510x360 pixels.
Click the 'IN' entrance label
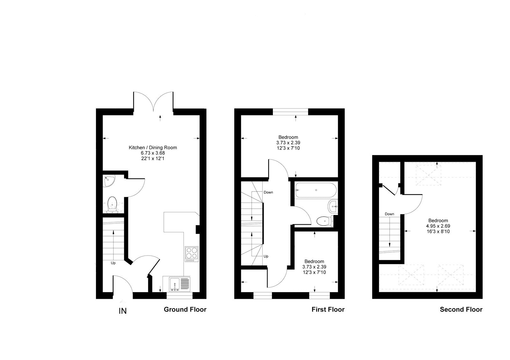pos(123,311)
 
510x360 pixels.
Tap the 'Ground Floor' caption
pos(185,309)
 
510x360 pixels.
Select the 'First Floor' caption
pos(328,309)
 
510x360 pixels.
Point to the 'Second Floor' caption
pos(461,309)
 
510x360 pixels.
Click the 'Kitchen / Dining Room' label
pos(153,148)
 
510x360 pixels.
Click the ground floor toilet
pos(112,204)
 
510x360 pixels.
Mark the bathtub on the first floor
pos(316,190)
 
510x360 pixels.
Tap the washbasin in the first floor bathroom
pos(333,206)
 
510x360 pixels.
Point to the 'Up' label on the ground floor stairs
pos(113,263)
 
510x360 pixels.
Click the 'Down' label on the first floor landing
pos(268,192)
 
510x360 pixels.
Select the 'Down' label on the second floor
pos(389,214)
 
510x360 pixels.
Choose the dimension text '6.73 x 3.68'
pos(153,153)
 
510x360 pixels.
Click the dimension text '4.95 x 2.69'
pos(438,226)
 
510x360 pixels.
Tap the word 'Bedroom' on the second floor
pos(438,220)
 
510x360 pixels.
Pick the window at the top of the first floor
pos(290,111)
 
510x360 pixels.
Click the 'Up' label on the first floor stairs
pos(266,256)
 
